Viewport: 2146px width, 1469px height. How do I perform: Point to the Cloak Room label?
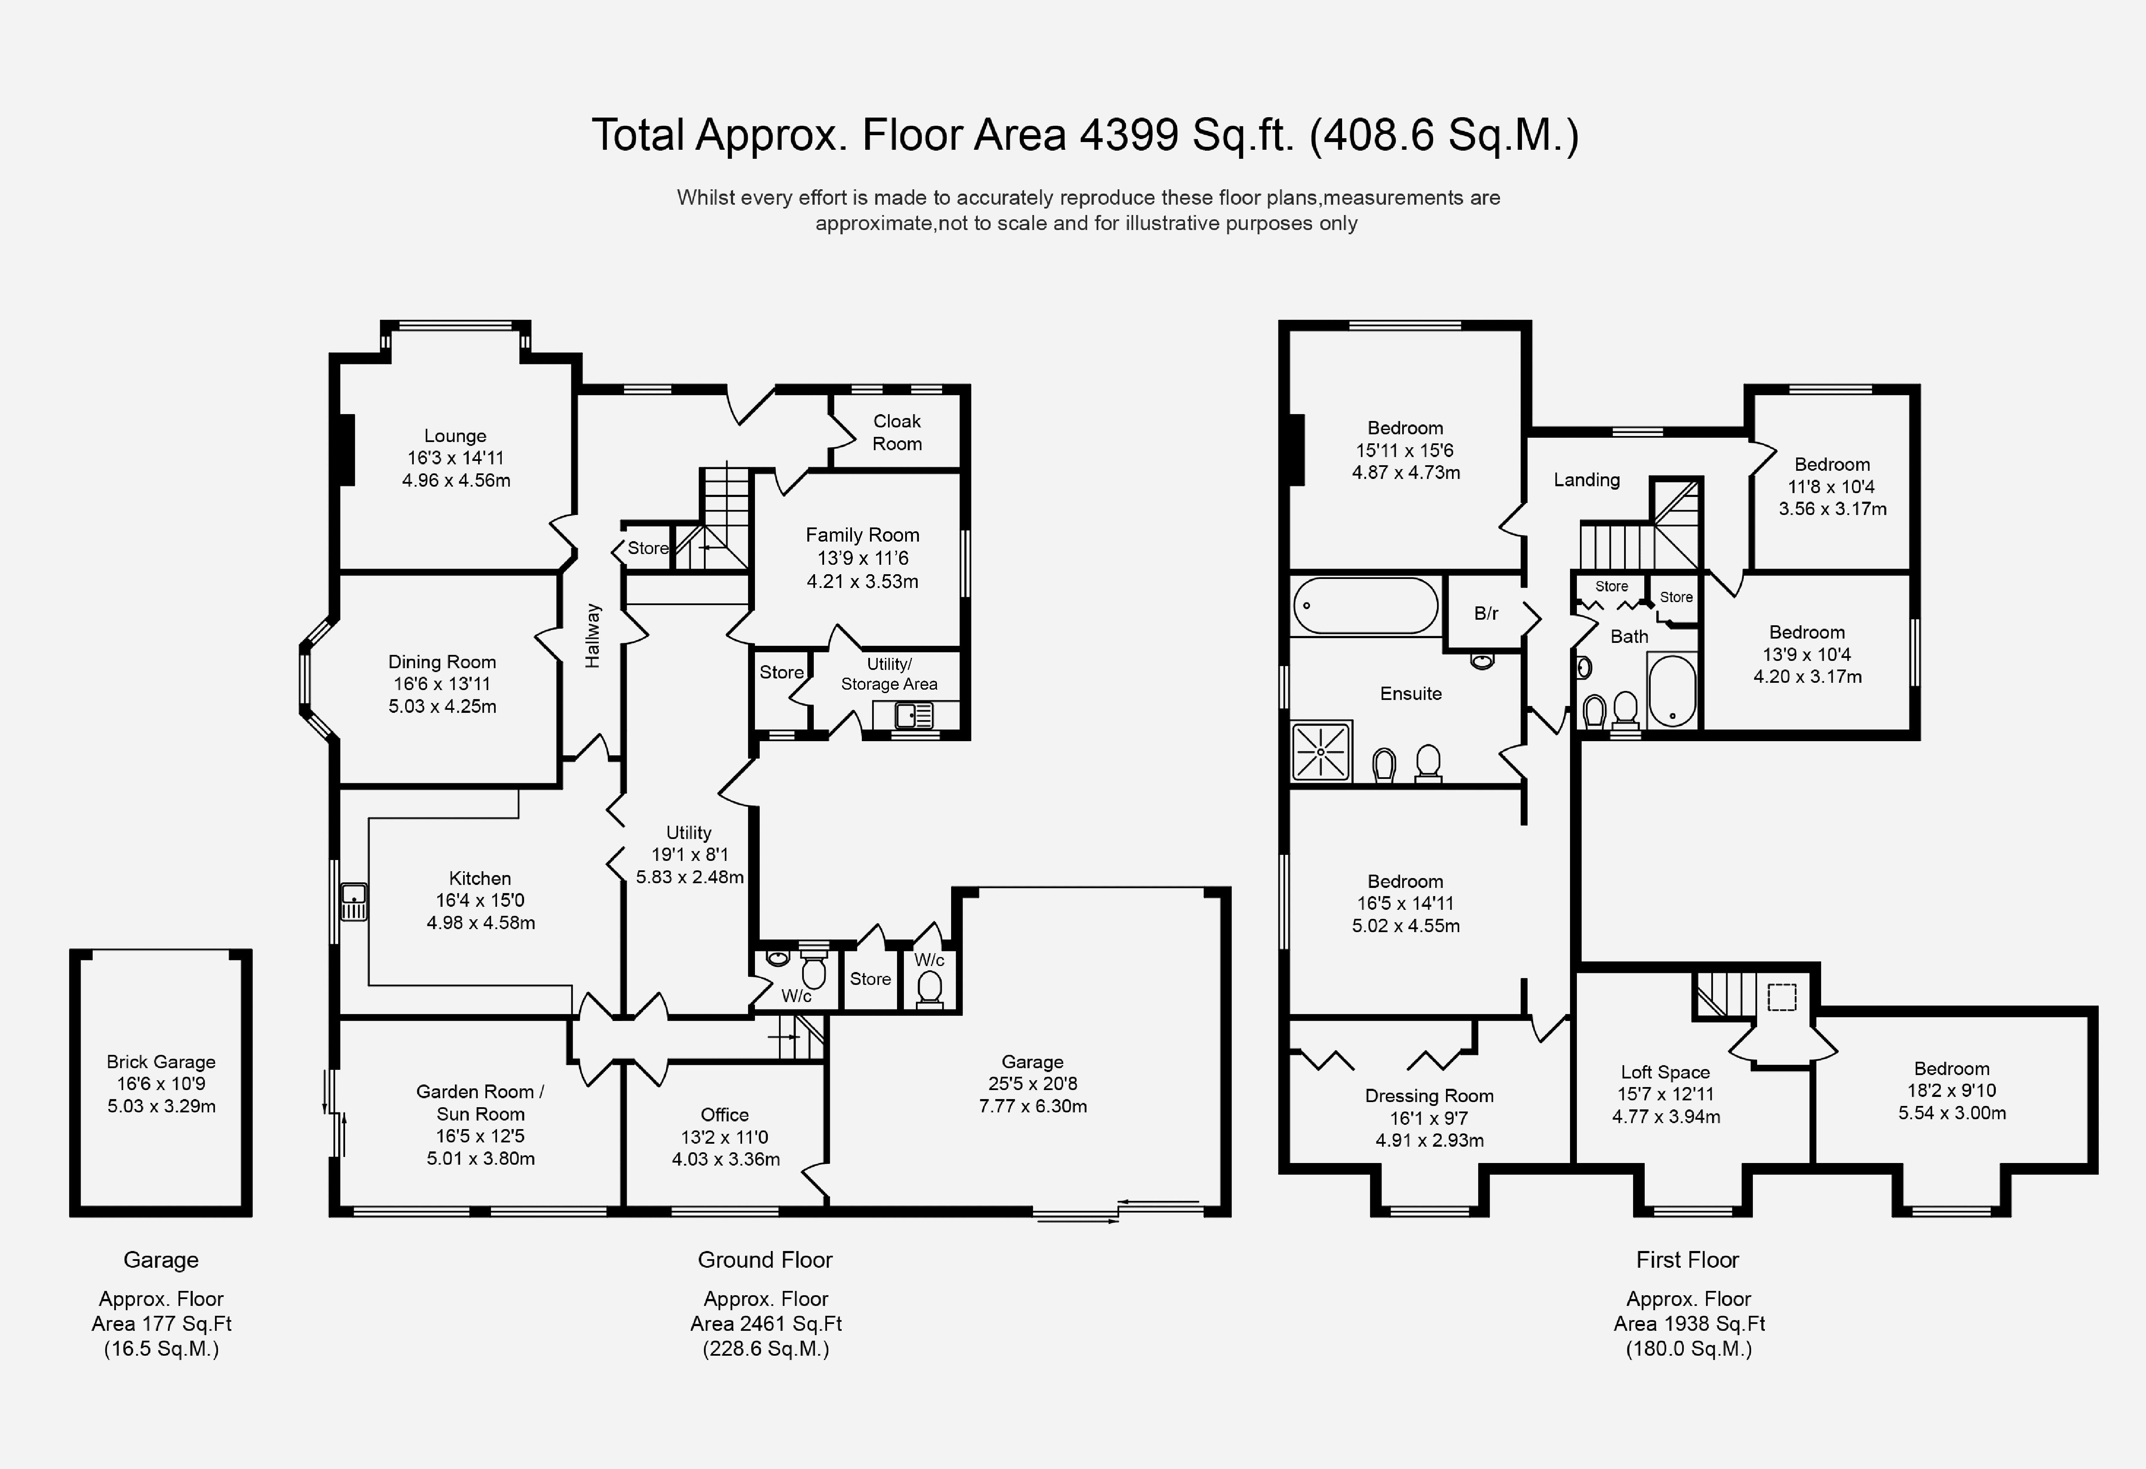click(897, 432)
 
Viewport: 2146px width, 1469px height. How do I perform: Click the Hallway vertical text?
click(593, 635)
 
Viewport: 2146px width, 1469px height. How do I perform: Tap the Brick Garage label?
click(161, 1062)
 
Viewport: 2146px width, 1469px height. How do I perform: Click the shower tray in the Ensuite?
click(1322, 751)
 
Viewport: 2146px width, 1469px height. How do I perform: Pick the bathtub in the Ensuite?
click(1365, 606)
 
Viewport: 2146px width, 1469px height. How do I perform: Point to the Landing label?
click(1586, 479)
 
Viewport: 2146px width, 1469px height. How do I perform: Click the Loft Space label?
click(1665, 1072)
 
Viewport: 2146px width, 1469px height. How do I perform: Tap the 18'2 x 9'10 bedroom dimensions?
click(1951, 1090)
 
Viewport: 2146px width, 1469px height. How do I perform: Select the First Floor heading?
click(1687, 1260)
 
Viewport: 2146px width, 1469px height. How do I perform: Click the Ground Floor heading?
click(764, 1260)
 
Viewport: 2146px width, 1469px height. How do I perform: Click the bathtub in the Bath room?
click(1672, 691)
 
